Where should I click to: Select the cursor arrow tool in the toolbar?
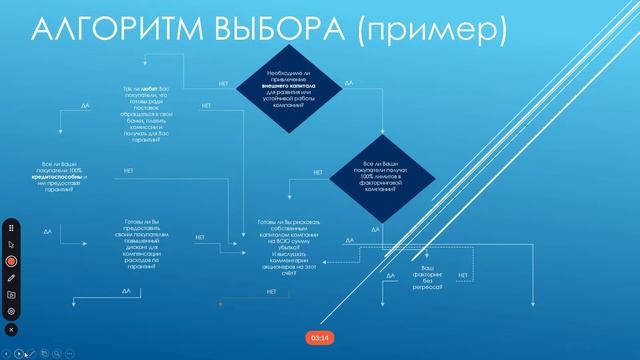(x=11, y=243)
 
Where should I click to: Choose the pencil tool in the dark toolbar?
(x=11, y=277)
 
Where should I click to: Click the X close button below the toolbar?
(x=11, y=329)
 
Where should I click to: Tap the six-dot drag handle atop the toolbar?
(x=11, y=226)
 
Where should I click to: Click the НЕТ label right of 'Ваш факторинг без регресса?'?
(x=463, y=273)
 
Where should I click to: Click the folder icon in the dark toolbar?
(x=11, y=295)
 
